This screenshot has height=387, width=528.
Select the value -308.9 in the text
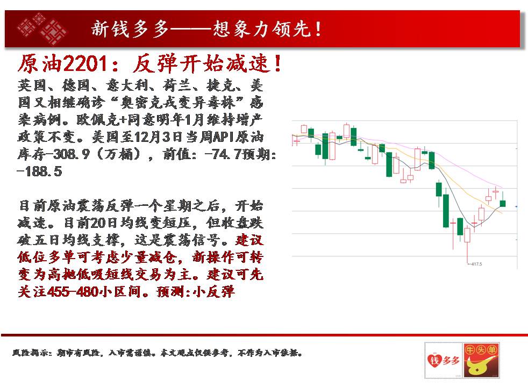[67, 154]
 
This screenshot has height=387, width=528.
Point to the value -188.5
[39, 171]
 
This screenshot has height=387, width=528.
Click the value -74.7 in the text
[223, 154]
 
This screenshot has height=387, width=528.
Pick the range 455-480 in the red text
[73, 291]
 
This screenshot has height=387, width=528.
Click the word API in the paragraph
[224, 137]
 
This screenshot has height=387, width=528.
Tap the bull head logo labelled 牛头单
[481, 360]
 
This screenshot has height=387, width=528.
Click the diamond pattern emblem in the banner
[42, 28]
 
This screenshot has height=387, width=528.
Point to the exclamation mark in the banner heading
[318, 29]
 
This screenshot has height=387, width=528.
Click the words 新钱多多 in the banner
[130, 28]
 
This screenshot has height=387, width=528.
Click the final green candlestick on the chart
[503, 203]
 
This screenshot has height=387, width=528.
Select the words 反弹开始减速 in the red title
[202, 63]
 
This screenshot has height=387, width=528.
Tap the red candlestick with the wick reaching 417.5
[467, 235]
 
